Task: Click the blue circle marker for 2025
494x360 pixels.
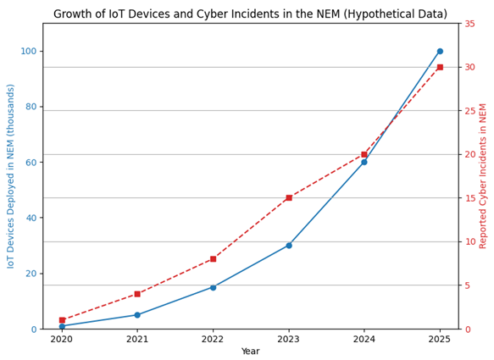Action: [440, 51]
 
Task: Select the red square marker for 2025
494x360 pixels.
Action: [440, 67]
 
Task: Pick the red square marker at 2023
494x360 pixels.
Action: [289, 197]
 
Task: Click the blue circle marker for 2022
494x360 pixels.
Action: [213, 287]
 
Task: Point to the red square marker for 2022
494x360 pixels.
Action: [213, 259]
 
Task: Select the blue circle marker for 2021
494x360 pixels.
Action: [137, 315]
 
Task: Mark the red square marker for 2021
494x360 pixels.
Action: [137, 294]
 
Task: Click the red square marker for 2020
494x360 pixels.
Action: [62, 320]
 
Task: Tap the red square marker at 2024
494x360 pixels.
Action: [364, 154]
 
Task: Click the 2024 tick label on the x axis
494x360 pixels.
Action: [364, 339]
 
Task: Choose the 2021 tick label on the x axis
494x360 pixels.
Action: [137, 339]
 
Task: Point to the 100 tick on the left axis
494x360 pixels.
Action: [29, 51]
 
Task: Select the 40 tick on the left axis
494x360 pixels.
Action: [31, 218]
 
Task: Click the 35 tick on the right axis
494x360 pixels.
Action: [469, 24]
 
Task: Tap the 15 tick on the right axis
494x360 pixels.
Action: [469, 198]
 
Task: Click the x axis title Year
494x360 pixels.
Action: [251, 352]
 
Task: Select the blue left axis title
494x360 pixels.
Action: [11, 176]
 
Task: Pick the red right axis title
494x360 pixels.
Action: [484, 176]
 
